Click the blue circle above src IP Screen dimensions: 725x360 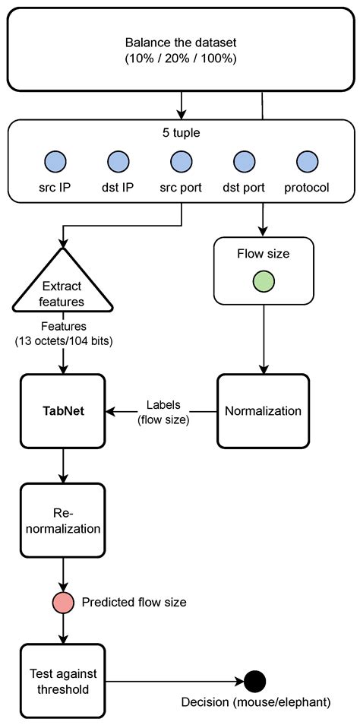coord(55,161)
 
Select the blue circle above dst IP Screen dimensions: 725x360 coord(118,161)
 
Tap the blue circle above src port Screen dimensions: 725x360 coord(181,161)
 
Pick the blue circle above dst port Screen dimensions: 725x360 coord(244,161)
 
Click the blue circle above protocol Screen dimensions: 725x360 coord(306,161)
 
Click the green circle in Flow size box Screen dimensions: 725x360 coord(263,281)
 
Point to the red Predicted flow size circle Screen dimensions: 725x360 coord(63,602)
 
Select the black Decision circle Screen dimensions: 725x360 coord(254,679)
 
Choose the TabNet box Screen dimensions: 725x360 coord(63,411)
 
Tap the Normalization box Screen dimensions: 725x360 coord(263,411)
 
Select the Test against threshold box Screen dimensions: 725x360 coord(63,679)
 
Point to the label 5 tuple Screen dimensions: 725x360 coord(180,132)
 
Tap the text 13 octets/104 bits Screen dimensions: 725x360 coord(63,341)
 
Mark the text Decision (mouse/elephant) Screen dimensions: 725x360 coord(254,702)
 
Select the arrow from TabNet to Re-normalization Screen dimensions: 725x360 coord(63,465)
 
